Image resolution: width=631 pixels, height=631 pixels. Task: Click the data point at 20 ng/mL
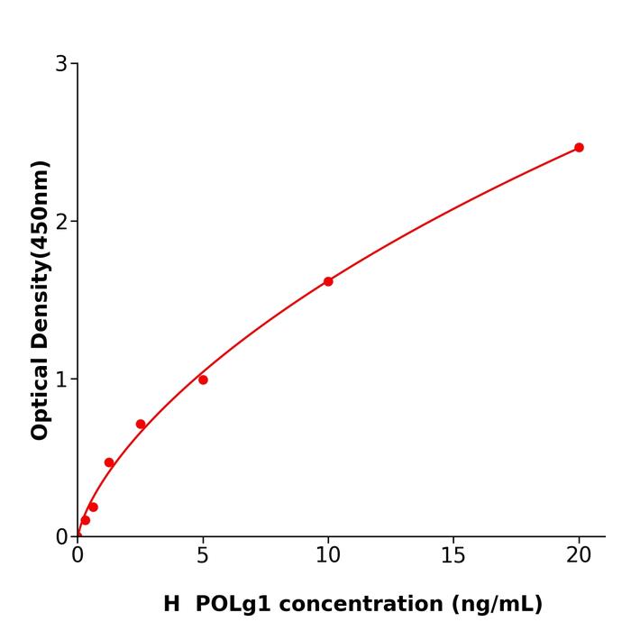point(579,148)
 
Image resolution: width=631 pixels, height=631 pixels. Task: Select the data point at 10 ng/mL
point(328,281)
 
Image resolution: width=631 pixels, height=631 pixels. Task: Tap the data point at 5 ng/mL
point(203,380)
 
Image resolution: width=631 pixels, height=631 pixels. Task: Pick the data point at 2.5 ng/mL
point(141,424)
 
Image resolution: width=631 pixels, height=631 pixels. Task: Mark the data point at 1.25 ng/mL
point(109,462)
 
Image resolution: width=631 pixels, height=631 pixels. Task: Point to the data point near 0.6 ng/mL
point(93,507)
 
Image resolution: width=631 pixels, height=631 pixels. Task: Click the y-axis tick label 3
point(61,64)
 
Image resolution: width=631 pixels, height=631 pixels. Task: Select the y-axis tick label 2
point(61,222)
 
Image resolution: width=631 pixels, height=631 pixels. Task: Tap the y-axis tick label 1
point(61,380)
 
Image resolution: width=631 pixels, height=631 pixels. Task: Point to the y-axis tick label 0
point(61,537)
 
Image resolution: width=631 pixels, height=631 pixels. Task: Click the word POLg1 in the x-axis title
point(229,604)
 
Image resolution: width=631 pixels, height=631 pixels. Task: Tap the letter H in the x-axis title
point(171,604)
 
